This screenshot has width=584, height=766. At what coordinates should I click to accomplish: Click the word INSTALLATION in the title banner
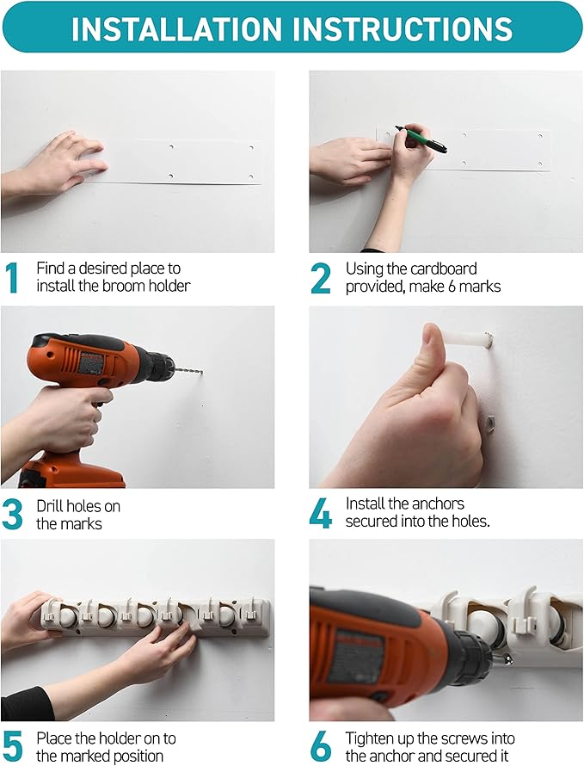177,28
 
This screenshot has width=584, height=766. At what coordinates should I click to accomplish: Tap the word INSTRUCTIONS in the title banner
403,28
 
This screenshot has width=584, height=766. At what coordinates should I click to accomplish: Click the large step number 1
12,277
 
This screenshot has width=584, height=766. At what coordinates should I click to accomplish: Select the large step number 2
321,277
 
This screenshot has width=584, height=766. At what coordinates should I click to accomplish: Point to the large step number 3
12,515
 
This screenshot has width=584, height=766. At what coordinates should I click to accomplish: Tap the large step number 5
13,746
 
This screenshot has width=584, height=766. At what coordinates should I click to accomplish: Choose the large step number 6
321,746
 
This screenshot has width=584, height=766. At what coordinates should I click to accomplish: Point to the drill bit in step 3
188,371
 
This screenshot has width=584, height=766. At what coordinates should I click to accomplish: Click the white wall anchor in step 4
466,338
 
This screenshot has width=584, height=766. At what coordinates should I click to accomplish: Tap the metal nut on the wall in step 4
489,422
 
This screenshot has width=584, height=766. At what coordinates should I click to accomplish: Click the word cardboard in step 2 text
443,269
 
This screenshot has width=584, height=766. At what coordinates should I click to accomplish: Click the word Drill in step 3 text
49,506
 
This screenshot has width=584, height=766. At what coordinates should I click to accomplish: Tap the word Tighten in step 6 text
370,738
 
